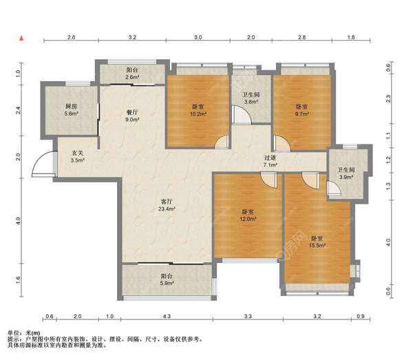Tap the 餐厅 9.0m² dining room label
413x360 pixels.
coord(132,116)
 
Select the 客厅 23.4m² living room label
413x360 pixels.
coord(167,205)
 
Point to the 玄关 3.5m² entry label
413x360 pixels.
coord(77,156)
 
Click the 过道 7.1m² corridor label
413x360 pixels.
coord(271,161)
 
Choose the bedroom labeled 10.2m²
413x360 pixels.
coord(198,110)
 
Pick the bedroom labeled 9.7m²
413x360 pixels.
coord(302,110)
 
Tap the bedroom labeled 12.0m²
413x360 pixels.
coord(248,215)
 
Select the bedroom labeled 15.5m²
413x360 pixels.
coord(317,242)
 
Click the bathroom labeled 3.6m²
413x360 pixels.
coord(251,98)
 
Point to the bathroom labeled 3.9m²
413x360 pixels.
coord(346,173)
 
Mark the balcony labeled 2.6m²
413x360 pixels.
coord(132,74)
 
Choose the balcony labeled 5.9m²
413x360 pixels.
coord(167,279)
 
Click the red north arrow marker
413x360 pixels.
coord(21,38)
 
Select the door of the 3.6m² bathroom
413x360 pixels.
coord(242,114)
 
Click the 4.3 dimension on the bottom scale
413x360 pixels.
coord(167,316)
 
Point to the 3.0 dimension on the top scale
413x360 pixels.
coord(198,37)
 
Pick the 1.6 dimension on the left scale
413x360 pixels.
coord(18,279)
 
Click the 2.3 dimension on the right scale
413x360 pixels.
coord(388,98)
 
